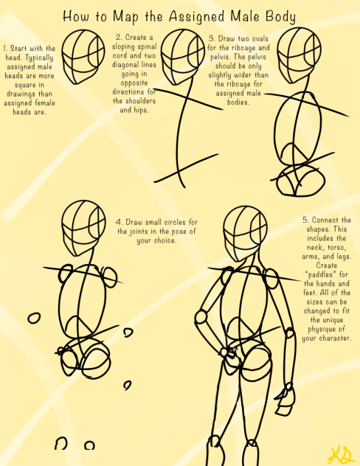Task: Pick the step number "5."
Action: [305, 220]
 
